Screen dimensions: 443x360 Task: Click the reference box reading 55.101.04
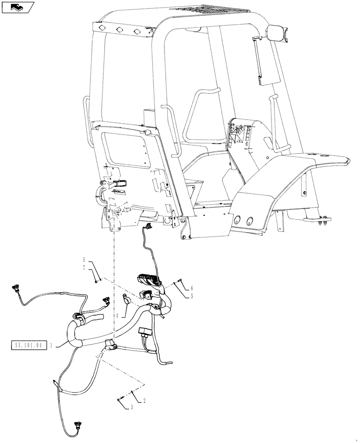click(27, 344)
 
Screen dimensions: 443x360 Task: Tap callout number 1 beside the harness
click(52, 344)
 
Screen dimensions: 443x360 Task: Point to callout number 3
click(132, 407)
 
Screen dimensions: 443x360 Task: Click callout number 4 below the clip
click(117, 316)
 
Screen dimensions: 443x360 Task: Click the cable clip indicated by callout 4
click(126, 300)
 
